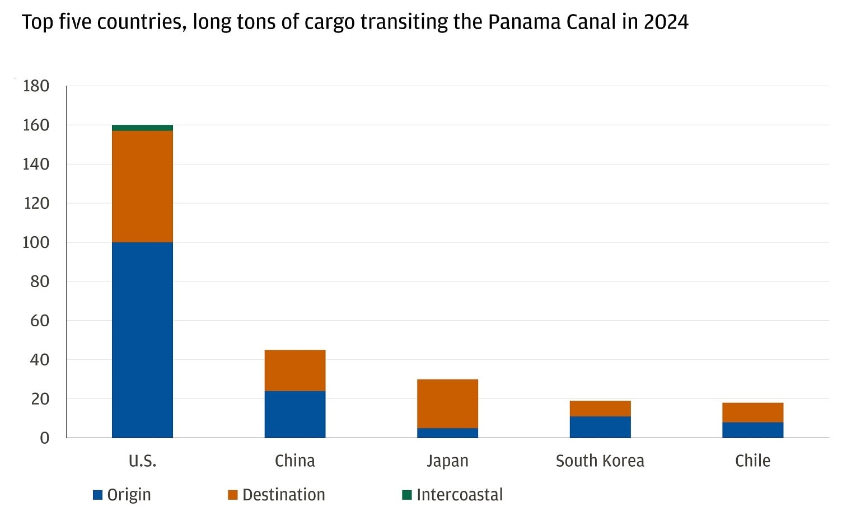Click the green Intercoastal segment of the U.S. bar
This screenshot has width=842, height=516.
pyautogui.click(x=142, y=128)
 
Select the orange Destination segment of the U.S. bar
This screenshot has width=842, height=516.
pyautogui.click(x=142, y=186)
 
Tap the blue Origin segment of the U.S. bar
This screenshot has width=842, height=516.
pyautogui.click(x=142, y=340)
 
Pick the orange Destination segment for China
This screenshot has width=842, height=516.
pyautogui.click(x=295, y=370)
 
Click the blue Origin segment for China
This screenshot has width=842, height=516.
pyautogui.click(x=295, y=414)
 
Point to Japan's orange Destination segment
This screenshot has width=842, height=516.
pyautogui.click(x=447, y=404)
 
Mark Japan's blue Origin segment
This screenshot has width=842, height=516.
pyautogui.click(x=447, y=433)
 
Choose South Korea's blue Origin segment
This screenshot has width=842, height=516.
pyautogui.click(x=600, y=427)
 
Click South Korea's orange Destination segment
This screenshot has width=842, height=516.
pyautogui.click(x=600, y=409)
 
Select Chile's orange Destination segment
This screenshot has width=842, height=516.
pyautogui.click(x=752, y=412)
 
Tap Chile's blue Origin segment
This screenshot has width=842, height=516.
pyautogui.click(x=752, y=430)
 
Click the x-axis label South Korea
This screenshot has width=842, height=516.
pyautogui.click(x=600, y=461)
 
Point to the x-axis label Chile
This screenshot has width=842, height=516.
pyautogui.click(x=752, y=461)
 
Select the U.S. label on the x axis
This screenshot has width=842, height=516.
pyautogui.click(x=142, y=461)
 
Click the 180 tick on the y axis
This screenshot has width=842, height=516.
pyautogui.click(x=36, y=86)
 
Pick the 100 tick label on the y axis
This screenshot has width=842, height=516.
pyautogui.click(x=36, y=242)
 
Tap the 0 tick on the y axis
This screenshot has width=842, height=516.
pyautogui.click(x=44, y=438)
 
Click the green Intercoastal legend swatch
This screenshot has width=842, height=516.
pyautogui.click(x=407, y=495)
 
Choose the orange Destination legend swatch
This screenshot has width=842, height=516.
pyautogui.click(x=233, y=495)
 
